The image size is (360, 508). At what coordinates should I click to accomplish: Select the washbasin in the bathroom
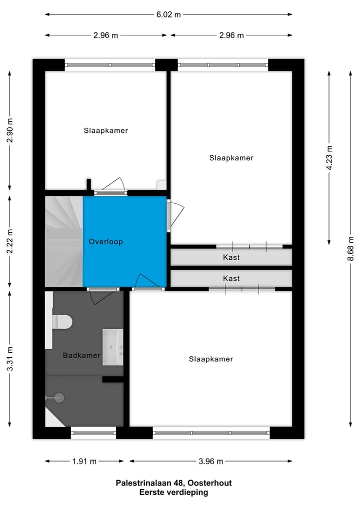113,347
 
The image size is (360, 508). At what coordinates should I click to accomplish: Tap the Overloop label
105,242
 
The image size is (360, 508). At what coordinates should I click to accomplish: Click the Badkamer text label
81,356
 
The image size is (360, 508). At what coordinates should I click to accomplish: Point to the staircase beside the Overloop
63,242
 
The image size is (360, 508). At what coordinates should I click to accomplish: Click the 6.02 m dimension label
168,14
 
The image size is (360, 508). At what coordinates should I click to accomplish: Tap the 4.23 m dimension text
329,158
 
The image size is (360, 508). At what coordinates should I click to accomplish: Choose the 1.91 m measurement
84,461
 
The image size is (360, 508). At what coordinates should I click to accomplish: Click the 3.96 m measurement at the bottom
211,461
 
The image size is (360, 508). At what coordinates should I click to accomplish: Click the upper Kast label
231,258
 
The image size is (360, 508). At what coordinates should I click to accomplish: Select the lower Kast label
231,278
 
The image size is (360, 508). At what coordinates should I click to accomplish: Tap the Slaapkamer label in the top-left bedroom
105,131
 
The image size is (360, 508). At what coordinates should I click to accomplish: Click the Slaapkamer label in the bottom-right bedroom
211,359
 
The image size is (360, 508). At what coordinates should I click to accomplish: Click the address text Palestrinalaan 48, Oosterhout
173,483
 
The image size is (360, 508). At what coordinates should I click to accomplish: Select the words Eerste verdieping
173,492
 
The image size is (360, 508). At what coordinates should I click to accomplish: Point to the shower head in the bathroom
58,398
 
